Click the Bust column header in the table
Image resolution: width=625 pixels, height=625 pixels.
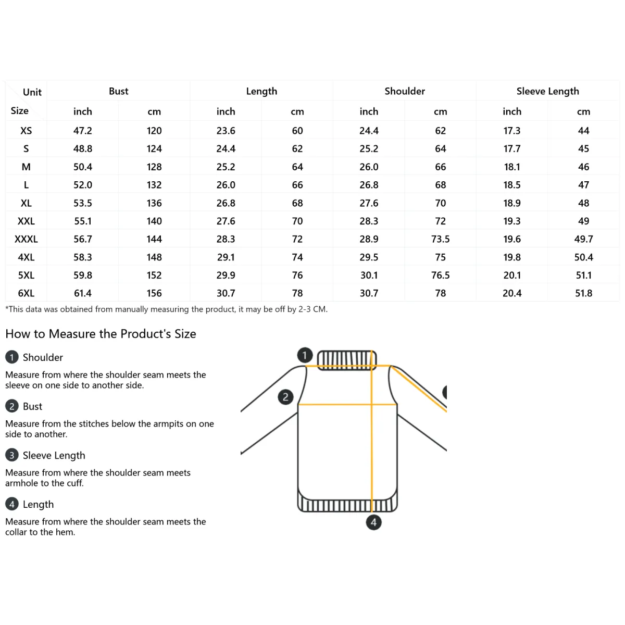pyautogui.click(x=118, y=91)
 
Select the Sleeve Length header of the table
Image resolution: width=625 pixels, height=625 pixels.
pyautogui.click(x=547, y=91)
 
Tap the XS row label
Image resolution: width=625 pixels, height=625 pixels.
pyautogui.click(x=26, y=131)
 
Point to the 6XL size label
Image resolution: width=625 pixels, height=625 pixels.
pyautogui.click(x=26, y=293)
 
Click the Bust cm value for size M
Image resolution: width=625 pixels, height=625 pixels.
pyautogui.click(x=154, y=167)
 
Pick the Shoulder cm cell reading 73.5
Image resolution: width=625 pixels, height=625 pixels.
pyautogui.click(x=440, y=239)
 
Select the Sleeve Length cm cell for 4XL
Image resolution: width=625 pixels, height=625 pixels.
pyautogui.click(x=583, y=257)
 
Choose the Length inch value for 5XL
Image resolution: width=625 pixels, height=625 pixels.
pyautogui.click(x=226, y=275)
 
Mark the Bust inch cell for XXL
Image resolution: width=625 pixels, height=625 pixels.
pyautogui.click(x=83, y=221)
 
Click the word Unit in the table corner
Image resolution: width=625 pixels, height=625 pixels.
pyautogui.click(x=32, y=92)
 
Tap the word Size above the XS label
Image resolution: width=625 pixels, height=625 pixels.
pyautogui.click(x=20, y=110)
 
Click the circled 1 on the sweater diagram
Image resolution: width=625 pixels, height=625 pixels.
pyautogui.click(x=305, y=355)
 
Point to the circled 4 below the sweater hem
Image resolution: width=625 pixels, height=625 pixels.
pyautogui.click(x=373, y=522)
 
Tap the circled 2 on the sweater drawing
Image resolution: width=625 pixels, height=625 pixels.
pyautogui.click(x=285, y=397)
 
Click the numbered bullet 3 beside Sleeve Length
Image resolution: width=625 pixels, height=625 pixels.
pyautogui.click(x=11, y=455)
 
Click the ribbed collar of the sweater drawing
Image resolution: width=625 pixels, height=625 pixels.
pyautogui.click(x=346, y=359)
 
